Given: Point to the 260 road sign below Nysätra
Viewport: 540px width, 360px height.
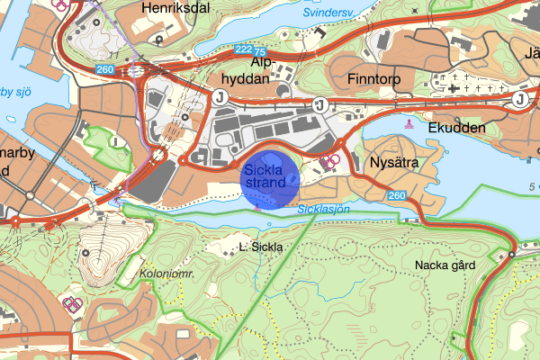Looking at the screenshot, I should [x=397, y=195].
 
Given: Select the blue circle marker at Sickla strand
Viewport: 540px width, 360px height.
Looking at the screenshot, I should [x=270, y=177].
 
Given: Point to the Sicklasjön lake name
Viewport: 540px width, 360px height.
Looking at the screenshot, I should [x=322, y=209].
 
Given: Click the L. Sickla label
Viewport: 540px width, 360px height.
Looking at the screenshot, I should [x=261, y=246].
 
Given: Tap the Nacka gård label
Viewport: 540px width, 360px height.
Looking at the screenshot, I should [x=444, y=265].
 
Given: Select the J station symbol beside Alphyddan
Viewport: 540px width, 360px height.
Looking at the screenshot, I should [x=219, y=99].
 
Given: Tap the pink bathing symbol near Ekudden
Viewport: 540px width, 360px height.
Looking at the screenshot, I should [x=410, y=124].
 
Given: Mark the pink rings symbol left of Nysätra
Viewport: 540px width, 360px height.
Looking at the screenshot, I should [x=330, y=161].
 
